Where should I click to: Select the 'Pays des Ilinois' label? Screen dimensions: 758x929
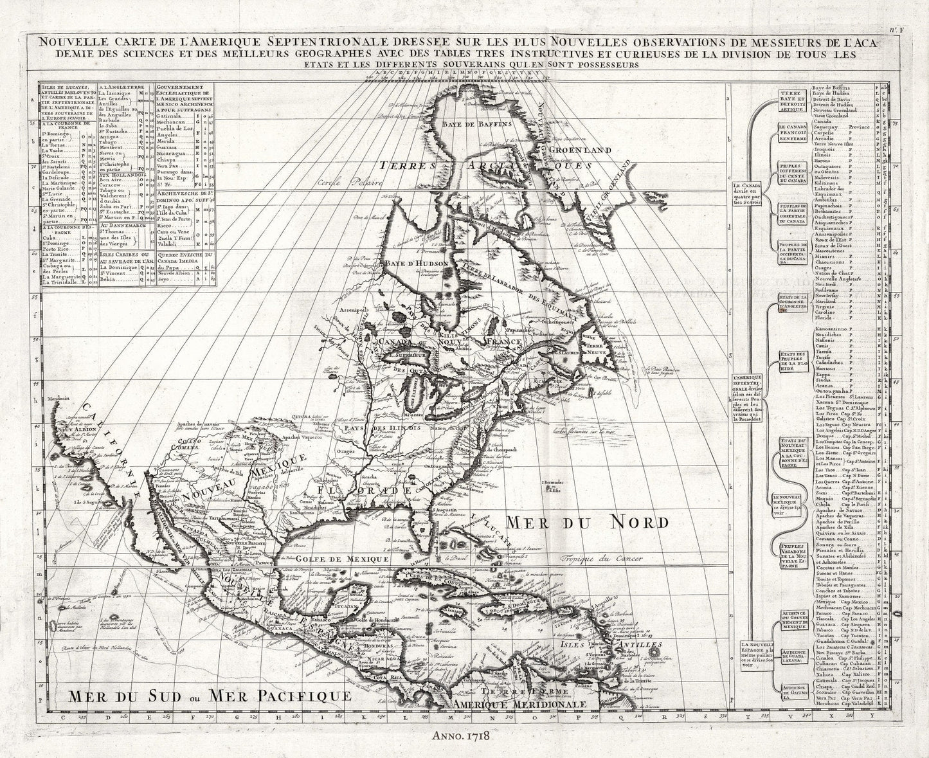382,428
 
